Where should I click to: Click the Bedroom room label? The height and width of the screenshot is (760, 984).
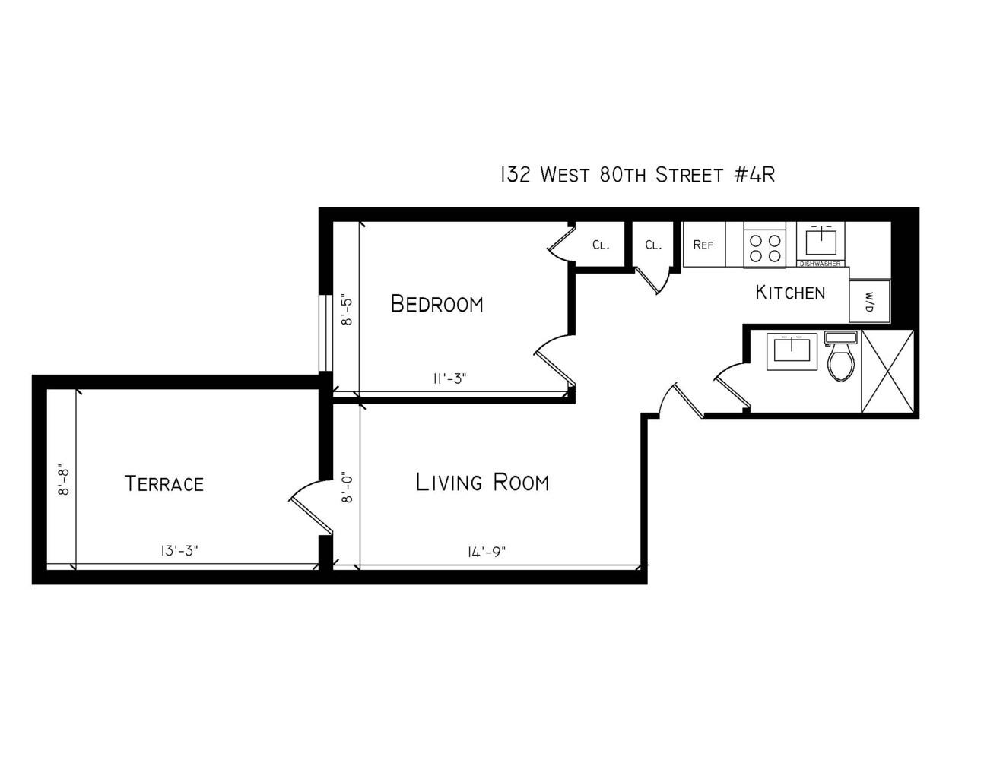pos(436,304)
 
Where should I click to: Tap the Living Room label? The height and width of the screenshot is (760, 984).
pos(482,483)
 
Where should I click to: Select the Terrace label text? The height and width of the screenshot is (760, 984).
pos(163,484)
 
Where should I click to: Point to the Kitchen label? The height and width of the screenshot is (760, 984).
pos(789,293)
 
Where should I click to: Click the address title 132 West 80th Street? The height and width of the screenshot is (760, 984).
pos(636,175)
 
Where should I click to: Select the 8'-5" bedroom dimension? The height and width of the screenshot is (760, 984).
pos(347,310)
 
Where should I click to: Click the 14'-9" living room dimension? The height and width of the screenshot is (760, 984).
pos(487,552)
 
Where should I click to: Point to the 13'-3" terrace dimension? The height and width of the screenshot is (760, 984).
pos(180,551)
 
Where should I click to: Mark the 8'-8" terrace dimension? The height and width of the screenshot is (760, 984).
pos(64,480)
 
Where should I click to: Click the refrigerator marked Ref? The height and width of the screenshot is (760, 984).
pos(703,245)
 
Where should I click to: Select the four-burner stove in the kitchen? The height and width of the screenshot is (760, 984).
pos(764,247)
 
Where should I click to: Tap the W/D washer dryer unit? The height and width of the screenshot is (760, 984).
pos(869,302)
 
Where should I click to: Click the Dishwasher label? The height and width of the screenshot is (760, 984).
pos(820,264)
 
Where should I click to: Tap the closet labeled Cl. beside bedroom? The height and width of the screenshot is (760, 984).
pos(601,245)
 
